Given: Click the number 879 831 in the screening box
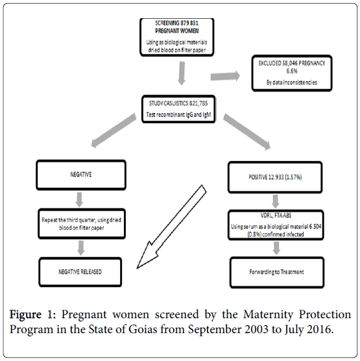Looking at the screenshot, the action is tap(189, 23).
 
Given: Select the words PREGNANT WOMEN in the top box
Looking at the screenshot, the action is tap(176, 31).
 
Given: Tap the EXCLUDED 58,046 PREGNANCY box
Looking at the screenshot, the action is tap(292, 73).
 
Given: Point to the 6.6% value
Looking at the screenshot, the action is tap(292, 71).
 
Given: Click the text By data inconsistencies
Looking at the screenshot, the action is tap(292, 82).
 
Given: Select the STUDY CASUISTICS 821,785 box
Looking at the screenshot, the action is tap(178, 109).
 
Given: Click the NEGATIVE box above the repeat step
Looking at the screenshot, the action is tap(81, 175).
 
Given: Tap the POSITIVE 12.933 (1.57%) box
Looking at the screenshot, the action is tap(275, 177).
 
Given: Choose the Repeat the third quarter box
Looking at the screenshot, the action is tap(82, 224).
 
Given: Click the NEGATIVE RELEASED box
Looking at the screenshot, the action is tap(80, 272).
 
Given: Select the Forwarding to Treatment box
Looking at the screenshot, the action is tap(277, 272).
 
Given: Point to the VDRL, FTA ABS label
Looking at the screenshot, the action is tap(276, 216).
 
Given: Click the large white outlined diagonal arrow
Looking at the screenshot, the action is tap(171, 227).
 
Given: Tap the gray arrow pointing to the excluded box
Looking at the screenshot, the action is tap(225, 76).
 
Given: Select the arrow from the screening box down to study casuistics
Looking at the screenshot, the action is tap(182, 73).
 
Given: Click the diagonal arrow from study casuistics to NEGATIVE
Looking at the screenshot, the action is tap(114, 130).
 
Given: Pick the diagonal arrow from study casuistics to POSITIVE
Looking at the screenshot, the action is tap(246, 132).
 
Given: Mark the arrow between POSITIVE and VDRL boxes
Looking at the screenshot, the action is tap(275, 201).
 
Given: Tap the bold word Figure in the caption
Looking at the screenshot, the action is tap(25, 315).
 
